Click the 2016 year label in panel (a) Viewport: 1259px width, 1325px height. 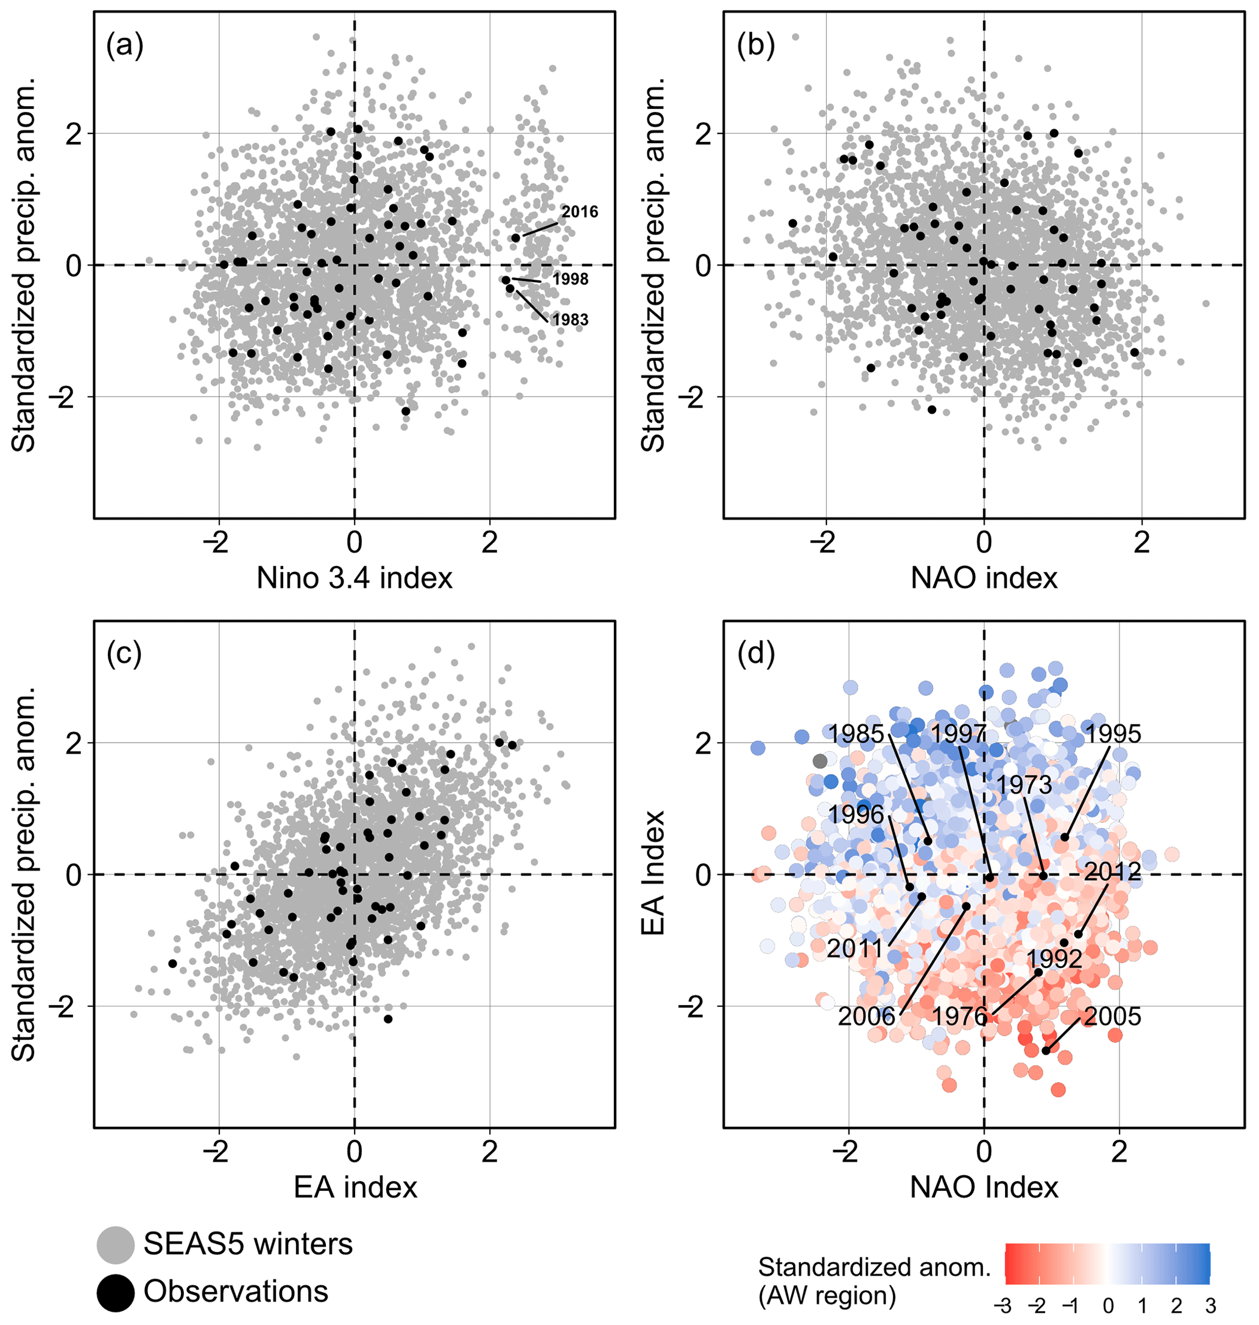click(x=579, y=212)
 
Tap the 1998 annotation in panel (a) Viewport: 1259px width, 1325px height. click(x=571, y=279)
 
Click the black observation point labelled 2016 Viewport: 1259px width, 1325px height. click(x=515, y=238)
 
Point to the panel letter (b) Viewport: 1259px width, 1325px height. click(x=756, y=46)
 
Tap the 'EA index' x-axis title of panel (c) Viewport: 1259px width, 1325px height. click(x=355, y=1187)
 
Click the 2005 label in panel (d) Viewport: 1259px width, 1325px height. click(x=1112, y=1016)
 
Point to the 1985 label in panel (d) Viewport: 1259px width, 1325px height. click(x=856, y=733)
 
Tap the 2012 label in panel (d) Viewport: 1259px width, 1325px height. click(x=1112, y=871)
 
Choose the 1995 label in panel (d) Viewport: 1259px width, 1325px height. click(x=1113, y=733)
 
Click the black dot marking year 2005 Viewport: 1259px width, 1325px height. click(x=1046, y=1050)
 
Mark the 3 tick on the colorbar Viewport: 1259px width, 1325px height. click(x=1210, y=1306)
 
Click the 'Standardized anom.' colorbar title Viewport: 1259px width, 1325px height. click(x=875, y=1267)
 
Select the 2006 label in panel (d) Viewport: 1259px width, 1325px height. click(x=866, y=1016)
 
